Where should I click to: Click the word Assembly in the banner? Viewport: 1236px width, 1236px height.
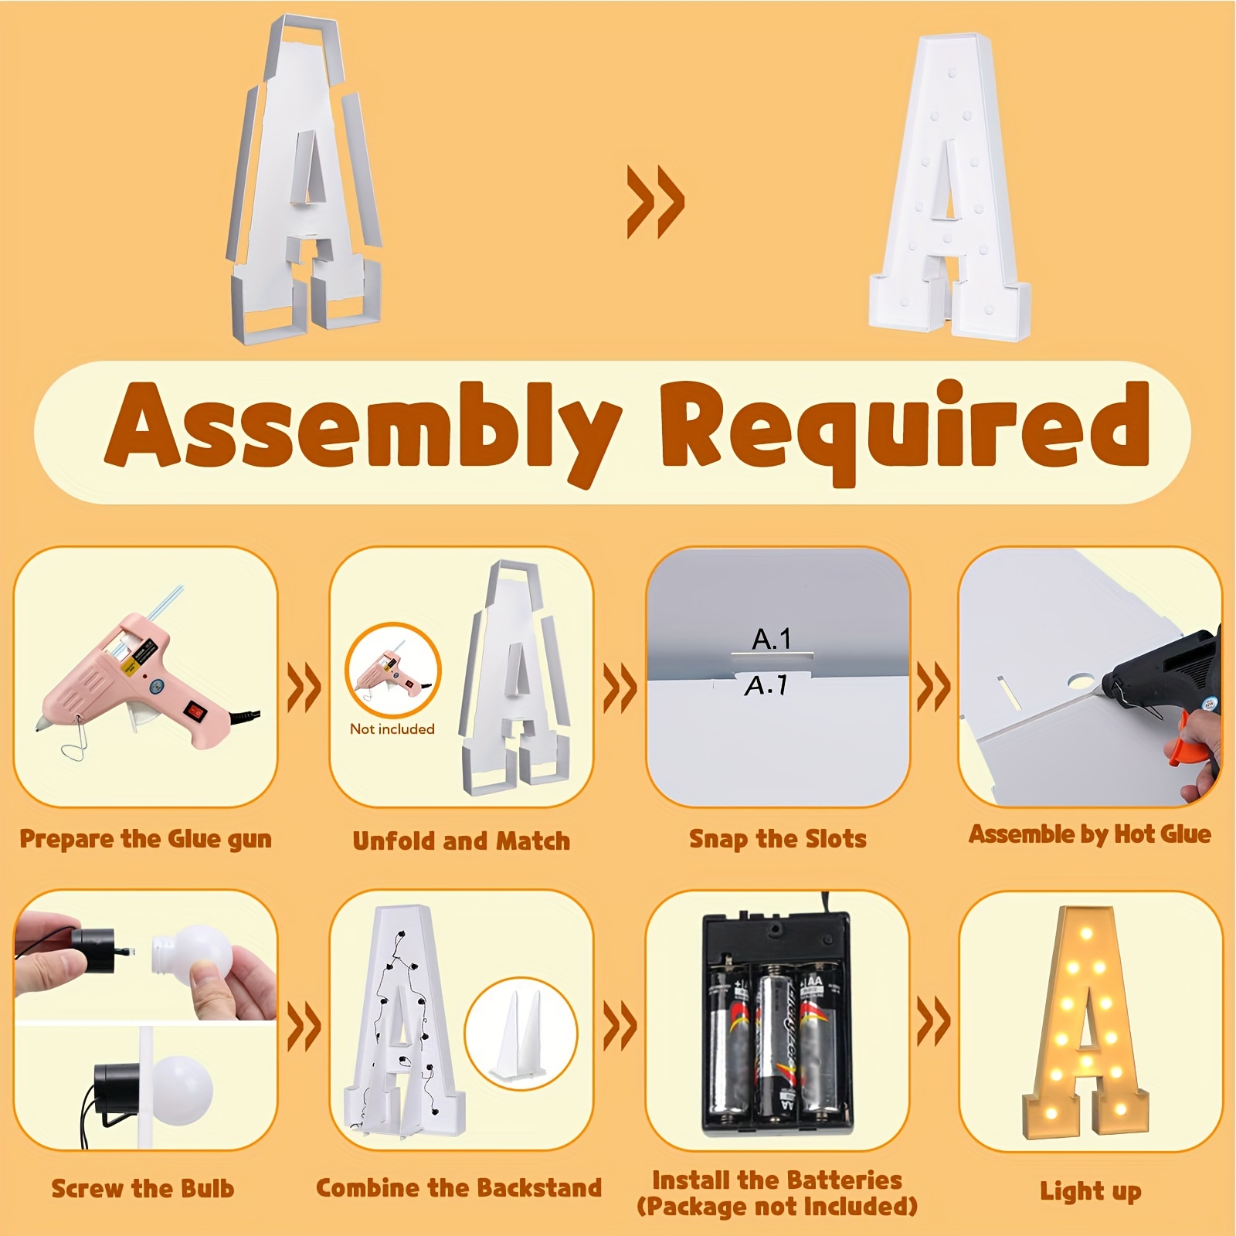tap(363, 429)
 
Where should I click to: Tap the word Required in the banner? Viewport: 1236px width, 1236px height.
tap(904, 429)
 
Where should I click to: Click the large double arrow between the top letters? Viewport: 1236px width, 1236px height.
tap(655, 201)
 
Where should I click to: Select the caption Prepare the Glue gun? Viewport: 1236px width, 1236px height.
tap(145, 839)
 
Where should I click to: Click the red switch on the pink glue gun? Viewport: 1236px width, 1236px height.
tap(196, 709)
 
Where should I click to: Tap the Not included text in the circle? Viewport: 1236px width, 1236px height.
tap(392, 728)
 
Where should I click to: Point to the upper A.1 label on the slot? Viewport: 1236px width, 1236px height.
tap(771, 639)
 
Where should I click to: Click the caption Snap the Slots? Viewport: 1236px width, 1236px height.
tap(777, 839)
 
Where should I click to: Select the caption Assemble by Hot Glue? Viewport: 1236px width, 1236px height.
tap(1089, 834)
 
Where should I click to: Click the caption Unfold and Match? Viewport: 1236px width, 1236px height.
tap(461, 840)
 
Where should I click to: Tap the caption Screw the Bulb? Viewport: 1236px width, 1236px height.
tap(142, 1188)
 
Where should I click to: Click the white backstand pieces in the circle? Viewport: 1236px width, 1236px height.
tap(521, 1035)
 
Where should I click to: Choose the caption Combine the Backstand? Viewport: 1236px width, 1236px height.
tap(458, 1187)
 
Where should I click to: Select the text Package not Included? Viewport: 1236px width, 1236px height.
tap(777, 1207)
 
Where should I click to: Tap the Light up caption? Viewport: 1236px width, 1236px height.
tap(1090, 1190)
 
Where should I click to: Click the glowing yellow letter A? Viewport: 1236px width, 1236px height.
tap(1085, 1027)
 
